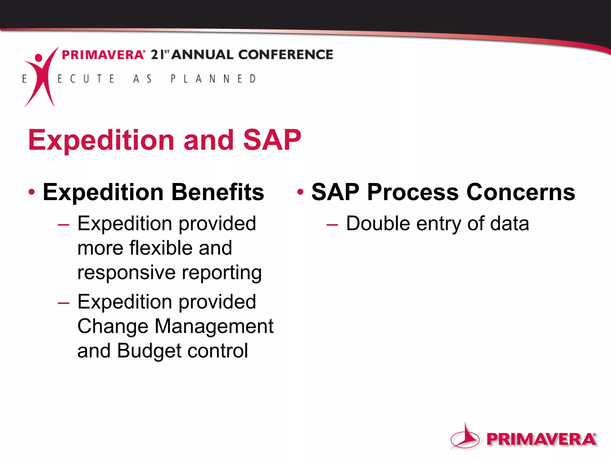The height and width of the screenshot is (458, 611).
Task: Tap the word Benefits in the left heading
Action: pyautogui.click(x=218, y=192)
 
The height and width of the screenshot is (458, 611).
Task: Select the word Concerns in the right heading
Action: pyautogui.click(x=521, y=192)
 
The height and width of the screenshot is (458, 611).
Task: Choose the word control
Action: pyautogui.click(x=218, y=351)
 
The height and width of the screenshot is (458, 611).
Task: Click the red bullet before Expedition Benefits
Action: pyautogui.click(x=32, y=192)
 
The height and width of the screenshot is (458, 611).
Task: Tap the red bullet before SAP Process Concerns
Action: pyautogui.click(x=300, y=192)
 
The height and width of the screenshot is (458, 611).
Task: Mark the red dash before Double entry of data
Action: pyautogui.click(x=332, y=225)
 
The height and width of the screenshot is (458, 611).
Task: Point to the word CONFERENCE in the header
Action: pyautogui.click(x=286, y=55)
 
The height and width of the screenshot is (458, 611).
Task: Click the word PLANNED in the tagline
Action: pyautogui.click(x=213, y=79)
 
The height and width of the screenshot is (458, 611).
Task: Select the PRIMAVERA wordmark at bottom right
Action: pyautogui.click(x=541, y=439)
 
